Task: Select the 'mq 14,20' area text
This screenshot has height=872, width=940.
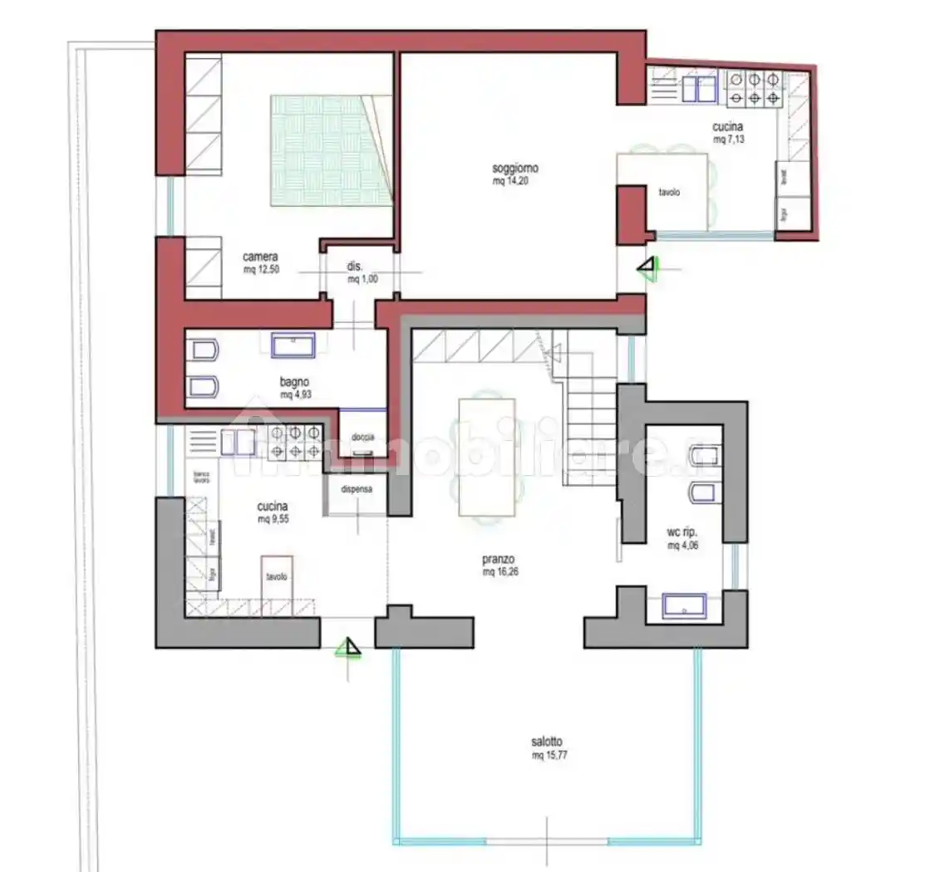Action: tap(510, 181)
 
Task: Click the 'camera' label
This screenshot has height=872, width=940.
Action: tap(260, 257)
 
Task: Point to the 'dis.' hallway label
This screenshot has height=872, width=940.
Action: tap(355, 267)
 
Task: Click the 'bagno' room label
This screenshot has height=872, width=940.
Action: tap(295, 382)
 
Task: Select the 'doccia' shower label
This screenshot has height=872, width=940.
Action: tap(362, 437)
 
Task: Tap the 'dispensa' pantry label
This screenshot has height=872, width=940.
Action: tap(357, 489)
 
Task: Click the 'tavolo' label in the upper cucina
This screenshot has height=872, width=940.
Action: tap(669, 192)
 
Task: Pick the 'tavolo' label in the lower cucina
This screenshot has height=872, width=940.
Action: tap(277, 576)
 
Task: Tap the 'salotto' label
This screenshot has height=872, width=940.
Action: tap(549, 742)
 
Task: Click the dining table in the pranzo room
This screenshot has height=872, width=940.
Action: tap(486, 457)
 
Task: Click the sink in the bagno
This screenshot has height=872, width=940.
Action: tap(293, 344)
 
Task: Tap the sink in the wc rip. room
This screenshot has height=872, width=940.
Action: tap(683, 605)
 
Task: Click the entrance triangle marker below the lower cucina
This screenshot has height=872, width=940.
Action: tap(350, 647)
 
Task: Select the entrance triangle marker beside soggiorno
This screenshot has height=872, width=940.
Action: tap(647, 267)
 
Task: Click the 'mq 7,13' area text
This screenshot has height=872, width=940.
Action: tap(729, 140)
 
